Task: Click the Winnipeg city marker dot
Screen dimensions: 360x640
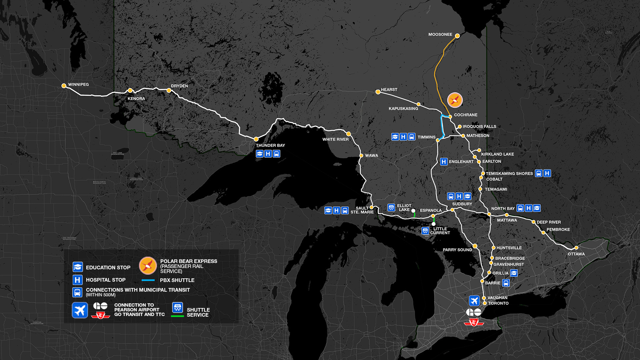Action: coord(64,86)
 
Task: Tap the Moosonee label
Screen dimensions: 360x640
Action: coord(440,34)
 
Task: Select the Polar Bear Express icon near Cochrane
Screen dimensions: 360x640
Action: coord(455,100)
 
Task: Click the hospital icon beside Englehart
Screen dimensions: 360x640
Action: coord(444,162)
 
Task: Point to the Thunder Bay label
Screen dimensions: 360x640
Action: coord(270,145)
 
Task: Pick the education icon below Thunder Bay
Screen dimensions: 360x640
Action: coord(260,154)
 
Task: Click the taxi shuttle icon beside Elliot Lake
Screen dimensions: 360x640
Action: coord(391,208)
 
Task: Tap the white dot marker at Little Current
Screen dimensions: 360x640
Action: coord(433,224)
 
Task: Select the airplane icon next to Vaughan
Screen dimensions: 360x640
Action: coord(474,301)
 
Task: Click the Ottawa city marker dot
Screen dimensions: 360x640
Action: coord(576,248)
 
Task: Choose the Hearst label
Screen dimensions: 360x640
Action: coord(389,90)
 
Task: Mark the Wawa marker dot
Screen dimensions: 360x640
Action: coord(361,156)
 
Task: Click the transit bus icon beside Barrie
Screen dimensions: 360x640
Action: coord(506,283)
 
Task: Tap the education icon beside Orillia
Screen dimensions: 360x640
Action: coord(514,273)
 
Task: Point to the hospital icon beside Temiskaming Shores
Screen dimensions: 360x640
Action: coord(547,173)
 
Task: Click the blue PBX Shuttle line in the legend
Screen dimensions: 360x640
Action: coord(148,280)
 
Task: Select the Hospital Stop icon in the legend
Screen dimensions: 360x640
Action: coord(77,280)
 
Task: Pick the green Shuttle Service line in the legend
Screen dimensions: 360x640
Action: coord(177,316)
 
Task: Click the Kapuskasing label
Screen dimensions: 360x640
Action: coord(403,109)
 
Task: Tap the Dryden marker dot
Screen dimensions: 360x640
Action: coord(169,90)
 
